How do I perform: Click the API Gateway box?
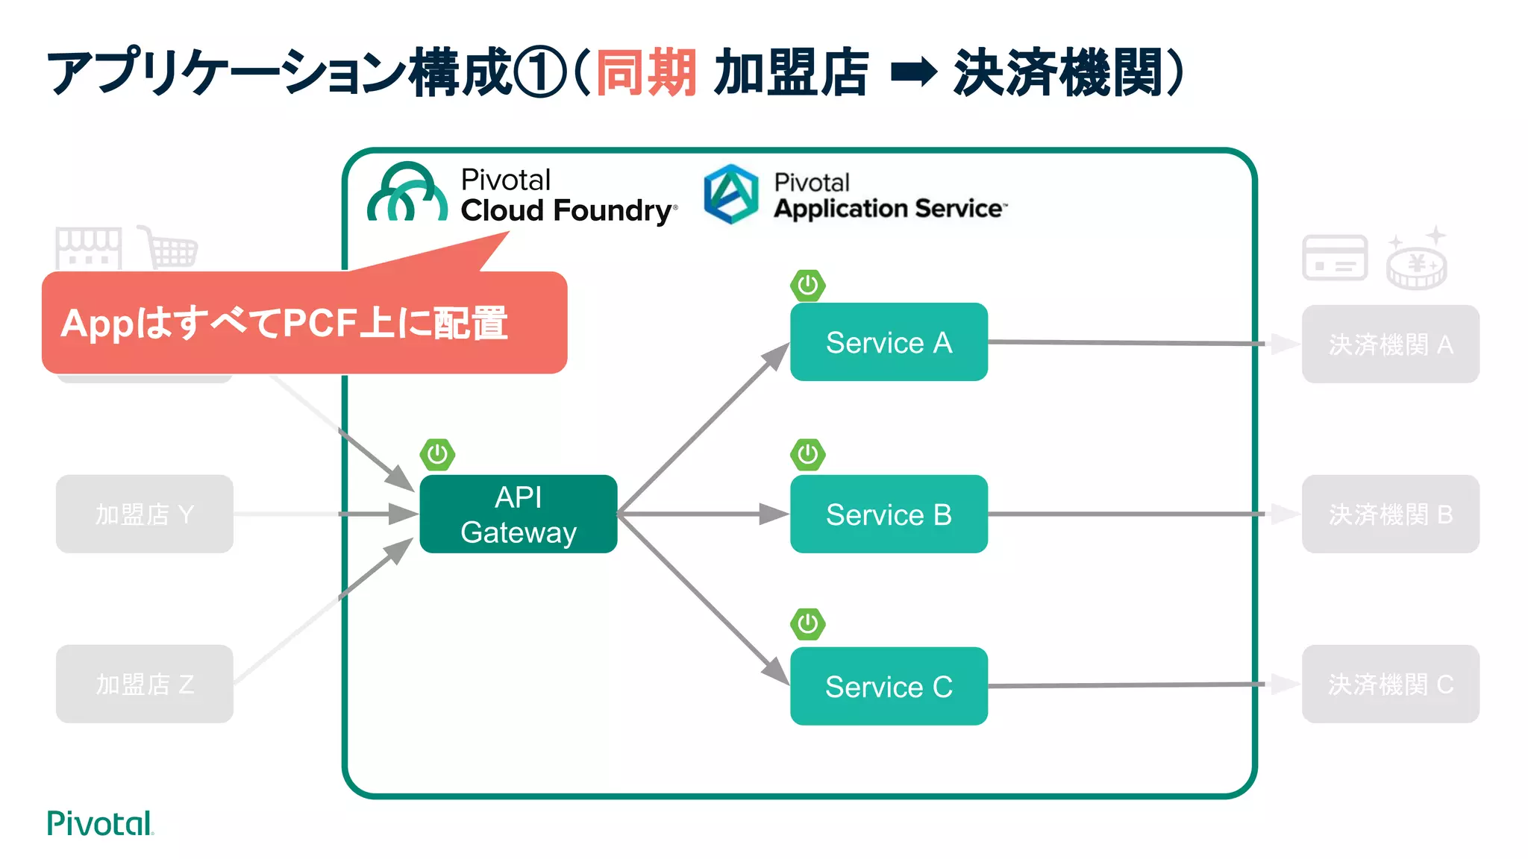518,514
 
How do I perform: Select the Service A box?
888,342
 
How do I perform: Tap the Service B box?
888,514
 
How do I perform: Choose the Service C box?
888,686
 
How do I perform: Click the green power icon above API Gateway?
437,454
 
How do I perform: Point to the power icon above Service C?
807,624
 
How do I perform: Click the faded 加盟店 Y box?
144,514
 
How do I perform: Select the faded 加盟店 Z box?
144,684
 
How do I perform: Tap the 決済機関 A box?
1390,344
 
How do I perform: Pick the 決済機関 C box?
1390,684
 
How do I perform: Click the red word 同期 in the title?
646,73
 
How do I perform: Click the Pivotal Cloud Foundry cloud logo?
407,194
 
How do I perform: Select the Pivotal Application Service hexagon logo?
731,194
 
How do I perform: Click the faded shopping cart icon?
170,248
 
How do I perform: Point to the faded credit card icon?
1335,258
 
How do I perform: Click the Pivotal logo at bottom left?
100,823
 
